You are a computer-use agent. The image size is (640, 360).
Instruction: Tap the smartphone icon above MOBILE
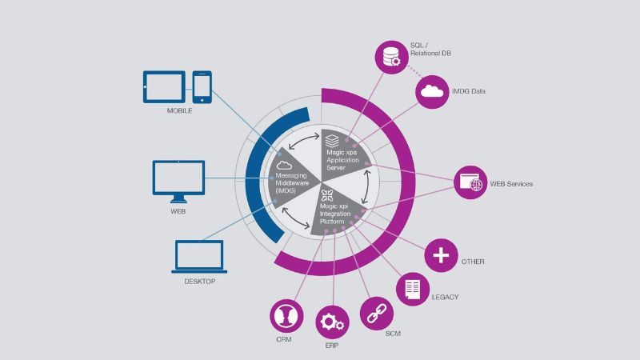click(x=203, y=87)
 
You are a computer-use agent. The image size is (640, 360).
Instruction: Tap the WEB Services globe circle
click(x=470, y=182)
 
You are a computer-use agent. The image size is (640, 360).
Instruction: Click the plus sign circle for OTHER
click(x=441, y=256)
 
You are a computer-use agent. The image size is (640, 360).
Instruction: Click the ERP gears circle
click(x=332, y=323)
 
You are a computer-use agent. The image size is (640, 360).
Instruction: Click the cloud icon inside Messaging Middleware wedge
click(x=286, y=162)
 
